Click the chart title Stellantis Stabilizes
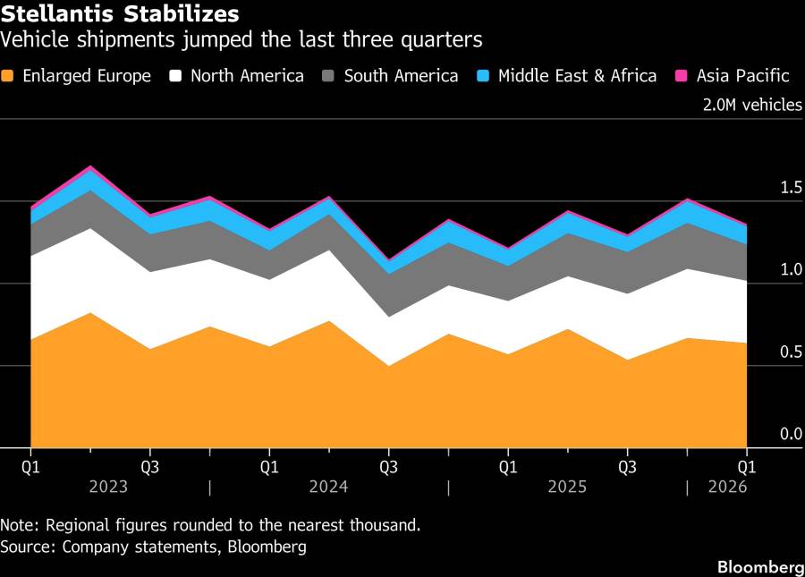tap(121, 14)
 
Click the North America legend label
tap(247, 76)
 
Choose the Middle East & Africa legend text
tap(577, 76)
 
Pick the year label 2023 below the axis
tap(107, 488)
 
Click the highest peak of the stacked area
tap(89, 166)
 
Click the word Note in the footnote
tap(18, 525)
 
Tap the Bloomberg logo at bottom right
tap(760, 567)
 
